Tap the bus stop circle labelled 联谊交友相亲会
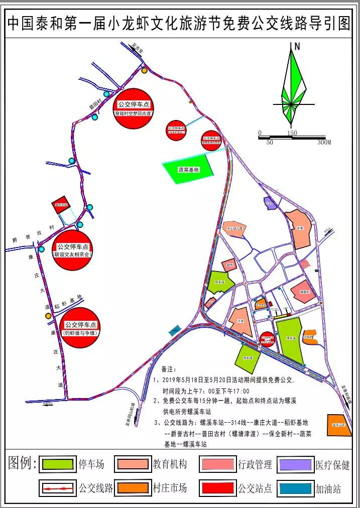tap(73, 250)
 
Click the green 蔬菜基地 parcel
tap(189, 170)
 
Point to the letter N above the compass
tap(297, 47)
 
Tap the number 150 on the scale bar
tap(292, 133)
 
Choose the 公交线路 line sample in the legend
tap(59, 487)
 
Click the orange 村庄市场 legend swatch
tap(133, 487)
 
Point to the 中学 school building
tap(300, 229)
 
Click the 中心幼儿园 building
tap(234, 228)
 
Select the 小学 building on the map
tap(241, 321)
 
